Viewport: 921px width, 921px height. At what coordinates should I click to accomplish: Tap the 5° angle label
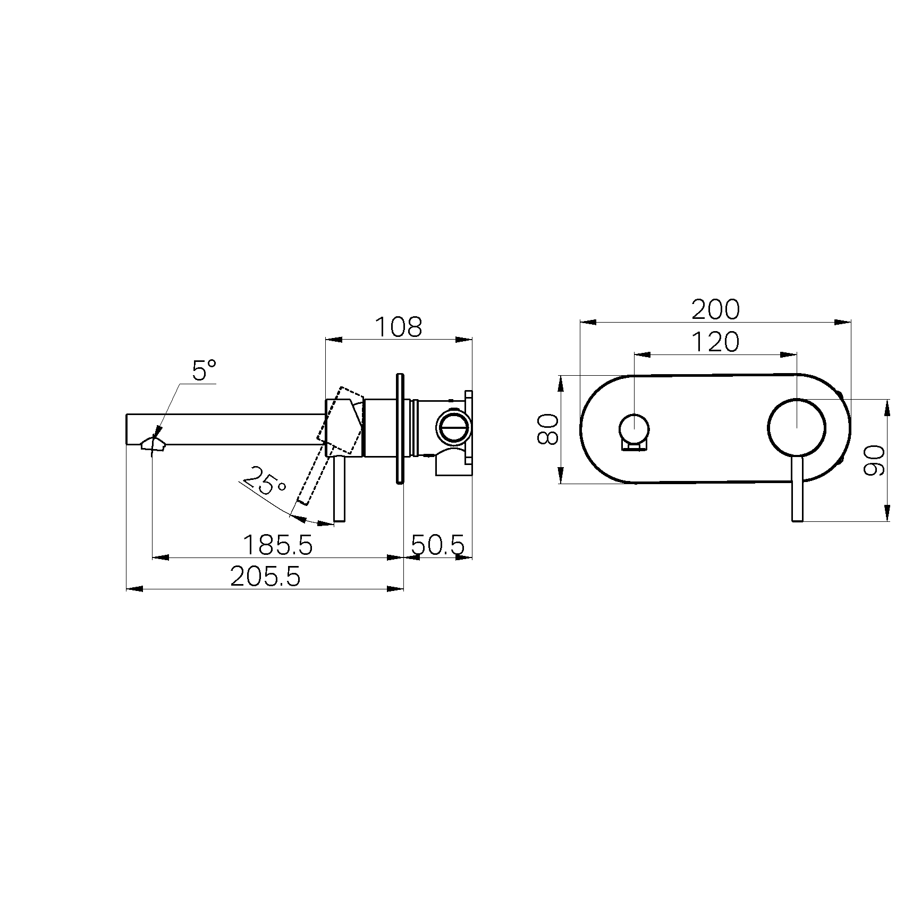[x=205, y=370]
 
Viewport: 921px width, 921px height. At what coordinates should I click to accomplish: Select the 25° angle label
[x=266, y=480]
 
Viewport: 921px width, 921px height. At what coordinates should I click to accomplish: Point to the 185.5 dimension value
[x=278, y=545]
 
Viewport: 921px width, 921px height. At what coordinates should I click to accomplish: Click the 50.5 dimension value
[x=438, y=545]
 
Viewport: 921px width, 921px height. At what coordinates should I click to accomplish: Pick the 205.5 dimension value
[x=266, y=576]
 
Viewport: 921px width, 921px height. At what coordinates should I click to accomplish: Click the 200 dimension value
[x=715, y=310]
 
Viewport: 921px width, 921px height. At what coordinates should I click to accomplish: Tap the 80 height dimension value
[x=548, y=429]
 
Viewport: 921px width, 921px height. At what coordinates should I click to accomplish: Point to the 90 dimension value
[x=874, y=460]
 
